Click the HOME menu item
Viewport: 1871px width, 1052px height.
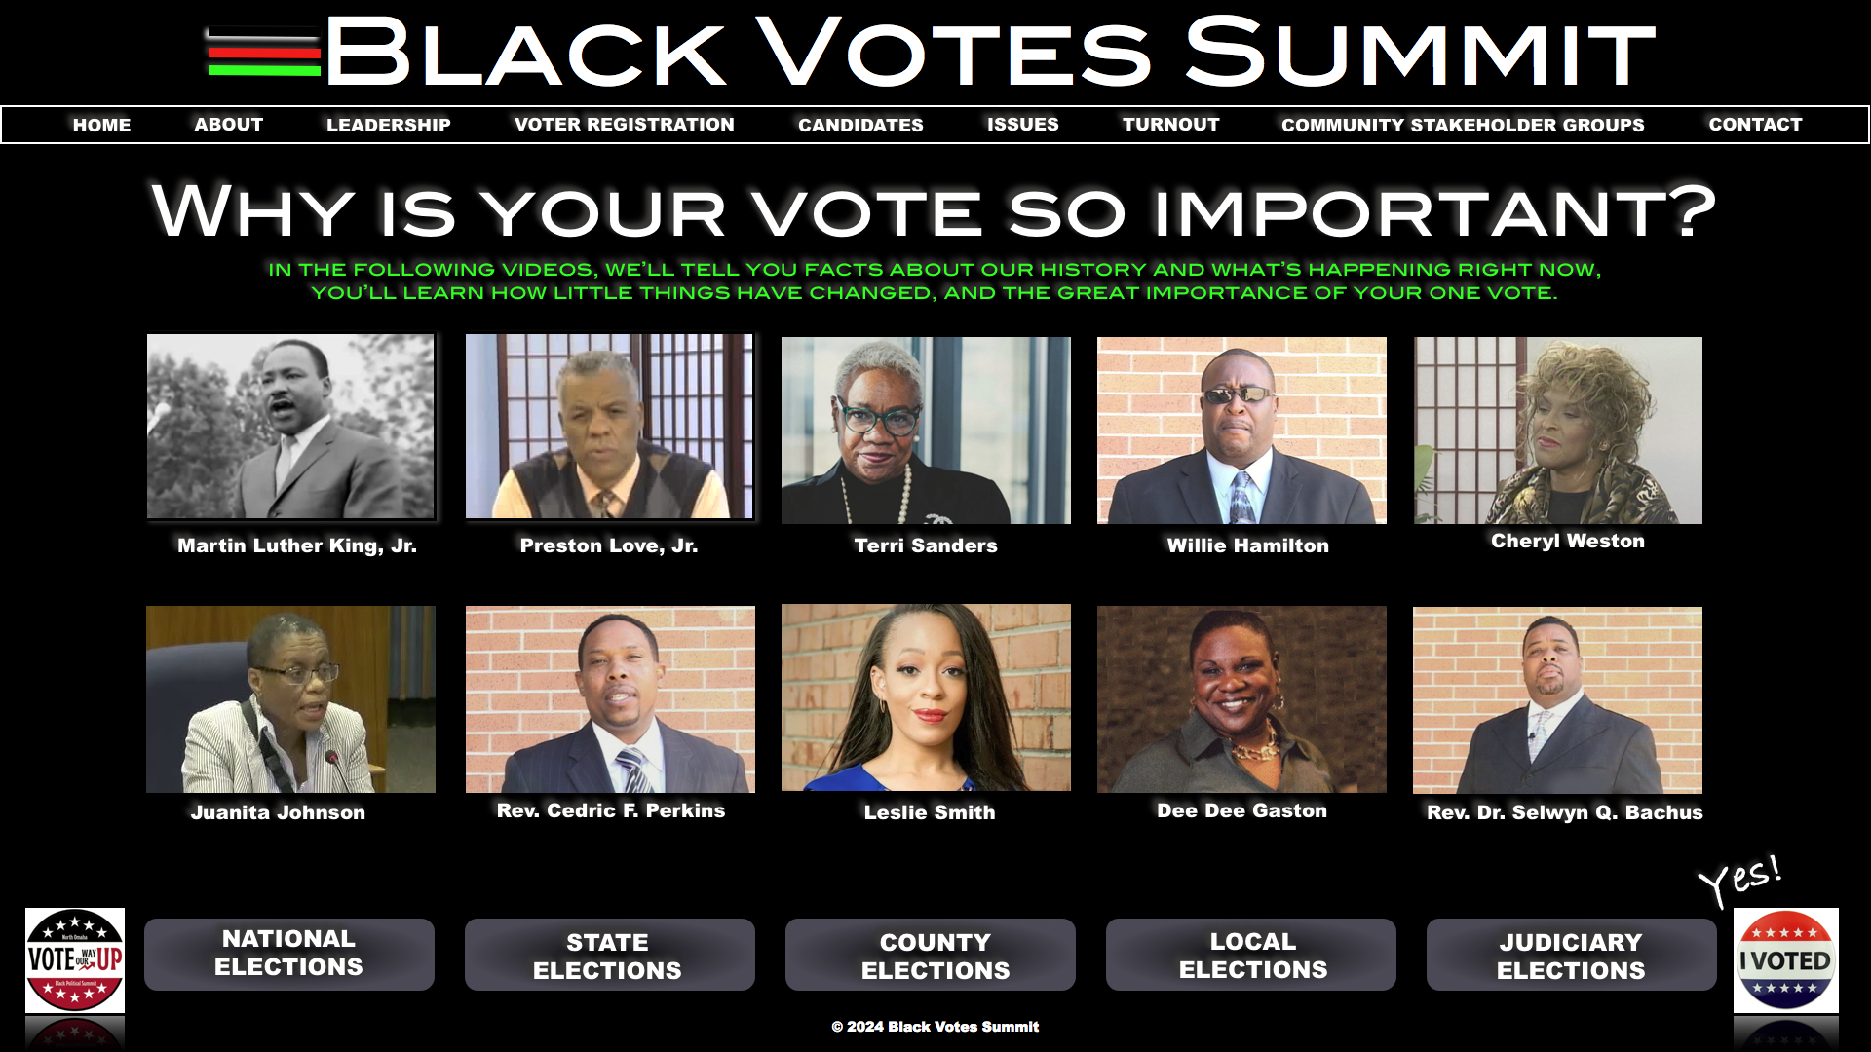pos(101,125)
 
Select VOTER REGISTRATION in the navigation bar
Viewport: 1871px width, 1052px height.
pos(624,125)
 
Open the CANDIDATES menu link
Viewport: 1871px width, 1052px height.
pos(860,125)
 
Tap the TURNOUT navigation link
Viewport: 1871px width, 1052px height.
pos(1170,125)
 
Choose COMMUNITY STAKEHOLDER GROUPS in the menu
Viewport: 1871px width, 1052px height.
pos(1463,125)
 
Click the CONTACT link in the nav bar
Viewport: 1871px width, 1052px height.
pos(1755,125)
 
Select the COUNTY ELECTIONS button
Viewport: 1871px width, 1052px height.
pos(931,955)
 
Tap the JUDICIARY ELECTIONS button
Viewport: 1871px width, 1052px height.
pos(1572,955)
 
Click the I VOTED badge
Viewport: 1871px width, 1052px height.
pos(1786,960)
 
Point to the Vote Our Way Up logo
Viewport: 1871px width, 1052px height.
pos(75,960)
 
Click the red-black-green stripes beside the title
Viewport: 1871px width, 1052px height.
pos(264,54)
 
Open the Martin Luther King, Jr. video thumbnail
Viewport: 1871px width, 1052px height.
pos(290,427)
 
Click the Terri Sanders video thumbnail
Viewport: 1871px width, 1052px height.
pos(926,431)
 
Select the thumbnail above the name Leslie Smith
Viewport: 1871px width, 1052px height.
pos(926,697)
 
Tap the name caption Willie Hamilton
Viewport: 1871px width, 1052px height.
pos(1247,545)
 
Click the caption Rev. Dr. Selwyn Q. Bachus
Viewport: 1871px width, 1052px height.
pos(1565,812)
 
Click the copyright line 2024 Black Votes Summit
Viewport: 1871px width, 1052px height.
pos(935,1027)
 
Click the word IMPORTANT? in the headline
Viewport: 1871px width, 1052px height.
pos(1434,211)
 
